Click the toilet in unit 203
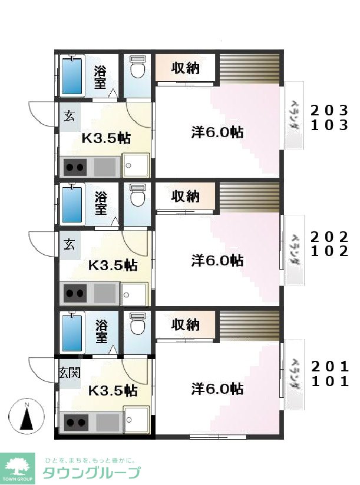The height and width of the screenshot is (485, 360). (138, 68)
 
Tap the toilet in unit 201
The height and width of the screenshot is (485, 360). (138, 324)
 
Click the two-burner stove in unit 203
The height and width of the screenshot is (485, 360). (74, 167)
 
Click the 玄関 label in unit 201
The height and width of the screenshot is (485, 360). (70, 373)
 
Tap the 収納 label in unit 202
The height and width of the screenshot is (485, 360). (185, 197)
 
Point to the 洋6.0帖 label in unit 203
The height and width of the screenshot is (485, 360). (217, 132)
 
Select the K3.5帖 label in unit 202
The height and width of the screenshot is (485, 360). (113, 265)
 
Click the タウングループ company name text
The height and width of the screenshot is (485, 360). (91, 472)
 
